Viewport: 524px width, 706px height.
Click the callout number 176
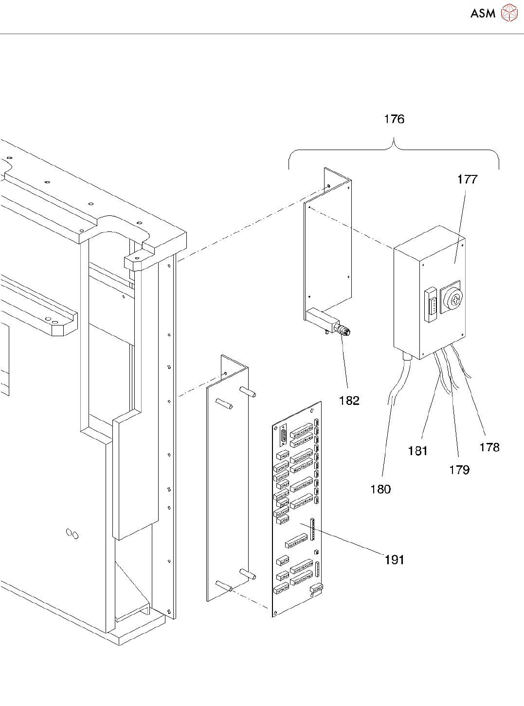pyautogui.click(x=394, y=119)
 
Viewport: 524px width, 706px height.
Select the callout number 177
pyautogui.click(x=468, y=179)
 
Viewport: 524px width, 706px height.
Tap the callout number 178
pyautogui.click(x=489, y=447)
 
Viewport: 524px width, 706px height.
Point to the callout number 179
pyautogui.click(x=459, y=470)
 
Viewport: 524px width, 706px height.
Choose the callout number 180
pyautogui.click(x=380, y=489)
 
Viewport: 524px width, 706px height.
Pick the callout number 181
pyautogui.click(x=418, y=451)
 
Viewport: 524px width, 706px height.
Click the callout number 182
pyautogui.click(x=349, y=401)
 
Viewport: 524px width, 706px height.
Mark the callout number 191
pyautogui.click(x=394, y=560)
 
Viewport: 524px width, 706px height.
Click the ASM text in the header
pyautogui.click(x=483, y=13)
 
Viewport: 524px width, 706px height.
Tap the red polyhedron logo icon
pyautogui.click(x=509, y=13)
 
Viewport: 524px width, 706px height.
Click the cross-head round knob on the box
pyautogui.click(x=455, y=299)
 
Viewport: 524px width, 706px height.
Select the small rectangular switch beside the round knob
pyautogui.click(x=432, y=305)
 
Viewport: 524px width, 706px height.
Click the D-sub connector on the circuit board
pyautogui.click(x=283, y=436)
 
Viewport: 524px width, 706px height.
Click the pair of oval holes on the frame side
pyautogui.click(x=72, y=534)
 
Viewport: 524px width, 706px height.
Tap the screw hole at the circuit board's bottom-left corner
pyautogui.click(x=275, y=612)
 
